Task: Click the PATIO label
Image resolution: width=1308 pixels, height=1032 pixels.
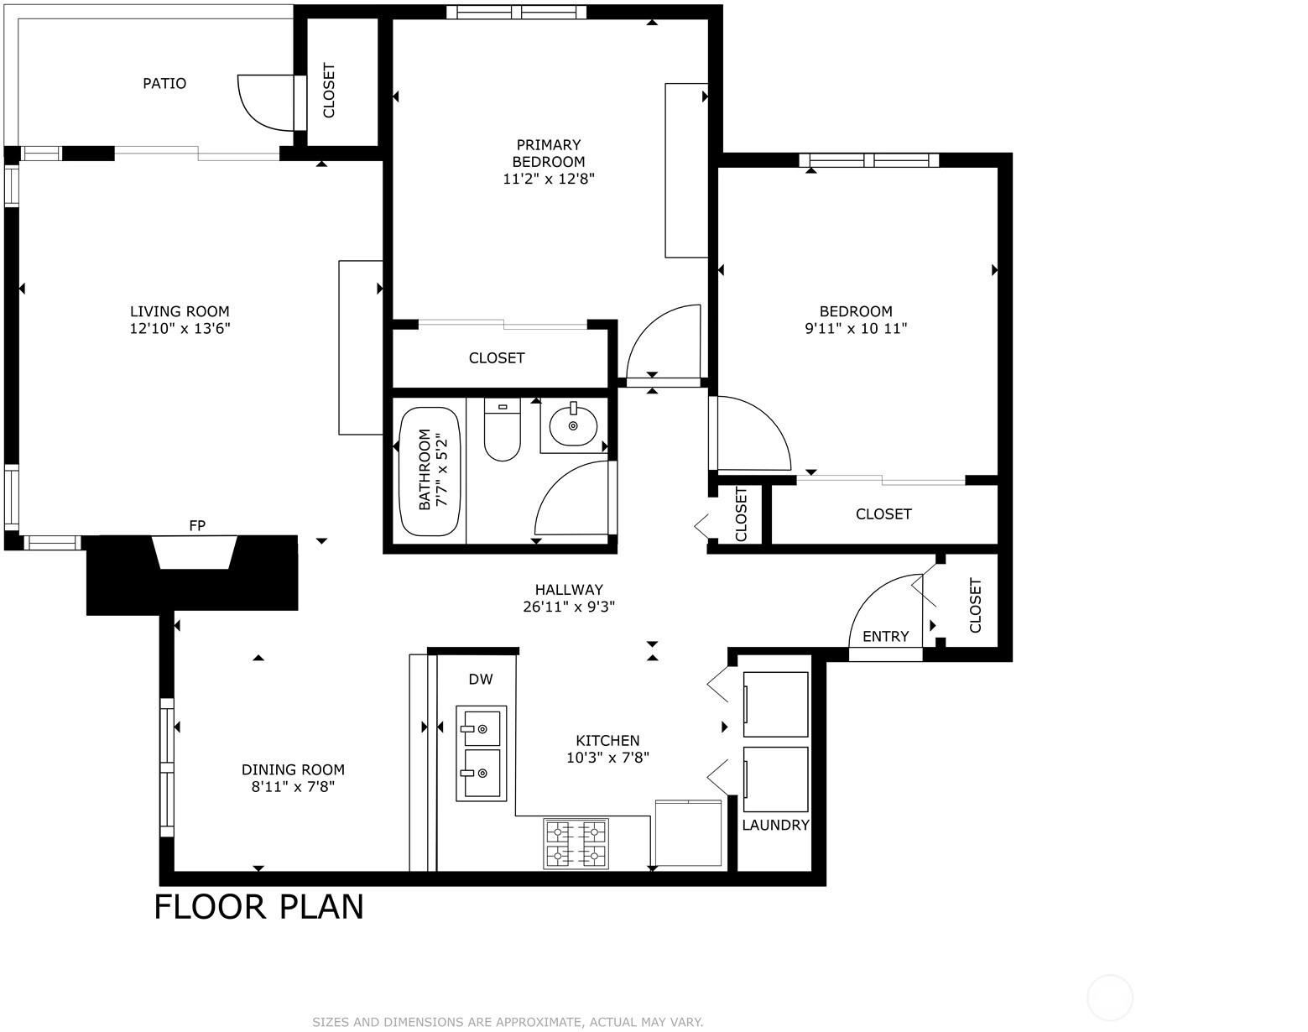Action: coord(164,83)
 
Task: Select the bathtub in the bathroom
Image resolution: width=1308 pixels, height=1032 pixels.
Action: coord(429,471)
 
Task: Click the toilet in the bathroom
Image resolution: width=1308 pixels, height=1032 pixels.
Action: coord(502,429)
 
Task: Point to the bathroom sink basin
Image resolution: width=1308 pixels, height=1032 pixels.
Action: coord(573,425)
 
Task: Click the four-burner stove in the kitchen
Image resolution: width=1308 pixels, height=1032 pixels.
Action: coord(576,843)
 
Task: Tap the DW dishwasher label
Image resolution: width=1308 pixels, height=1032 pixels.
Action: coord(480,680)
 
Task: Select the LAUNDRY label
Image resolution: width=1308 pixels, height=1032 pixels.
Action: coord(775,825)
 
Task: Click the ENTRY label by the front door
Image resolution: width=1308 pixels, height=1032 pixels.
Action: coord(886,636)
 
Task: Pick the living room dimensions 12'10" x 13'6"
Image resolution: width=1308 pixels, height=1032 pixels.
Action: coord(180,329)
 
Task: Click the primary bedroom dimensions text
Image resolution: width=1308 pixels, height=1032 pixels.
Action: coord(548,180)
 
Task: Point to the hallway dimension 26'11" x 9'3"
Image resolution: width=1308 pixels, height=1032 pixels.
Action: coord(569,607)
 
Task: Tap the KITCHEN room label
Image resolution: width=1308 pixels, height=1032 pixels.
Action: coord(607,741)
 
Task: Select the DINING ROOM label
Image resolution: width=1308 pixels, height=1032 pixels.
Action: coord(293,770)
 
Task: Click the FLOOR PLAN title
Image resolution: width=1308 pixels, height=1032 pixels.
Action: coord(259,907)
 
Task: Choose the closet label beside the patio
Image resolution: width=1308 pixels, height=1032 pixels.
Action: coord(329,90)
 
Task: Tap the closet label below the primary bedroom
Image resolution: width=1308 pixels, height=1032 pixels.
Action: coord(497,358)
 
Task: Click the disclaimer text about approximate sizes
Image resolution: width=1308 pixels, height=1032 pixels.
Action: coord(508,1022)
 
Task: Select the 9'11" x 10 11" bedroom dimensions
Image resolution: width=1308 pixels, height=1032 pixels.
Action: coord(856,329)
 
